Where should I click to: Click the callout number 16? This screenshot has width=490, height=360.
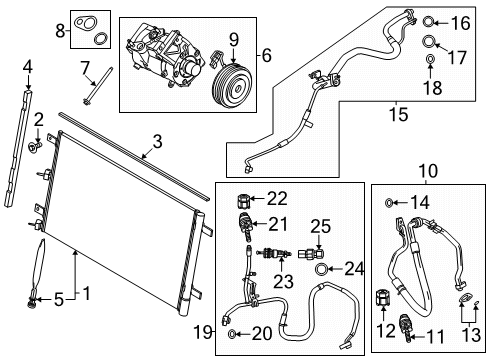click(x=460, y=23)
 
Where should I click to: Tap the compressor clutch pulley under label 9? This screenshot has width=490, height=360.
click(x=232, y=86)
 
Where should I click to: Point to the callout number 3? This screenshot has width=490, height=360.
click(x=157, y=141)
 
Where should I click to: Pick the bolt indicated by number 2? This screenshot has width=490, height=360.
click(x=35, y=145)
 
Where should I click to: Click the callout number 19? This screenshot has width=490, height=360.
click(x=202, y=332)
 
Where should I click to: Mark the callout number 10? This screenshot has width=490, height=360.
click(x=428, y=171)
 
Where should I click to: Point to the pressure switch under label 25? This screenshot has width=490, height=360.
click(x=311, y=254)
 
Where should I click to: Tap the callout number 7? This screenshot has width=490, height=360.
click(x=85, y=68)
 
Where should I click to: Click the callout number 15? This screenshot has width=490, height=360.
click(x=398, y=114)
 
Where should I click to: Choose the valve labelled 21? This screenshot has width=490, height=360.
click(x=245, y=227)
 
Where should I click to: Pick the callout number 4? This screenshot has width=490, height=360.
click(x=28, y=68)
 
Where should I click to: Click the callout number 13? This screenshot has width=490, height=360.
click(x=471, y=334)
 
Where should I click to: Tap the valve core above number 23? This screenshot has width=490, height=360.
click(x=274, y=254)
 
